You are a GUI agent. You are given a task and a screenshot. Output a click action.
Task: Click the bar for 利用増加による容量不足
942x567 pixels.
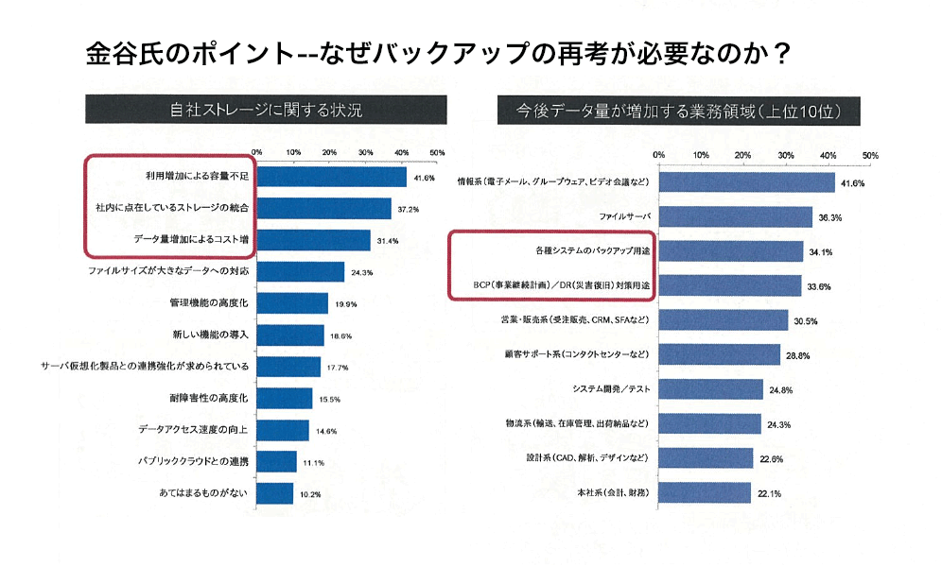point(331,177)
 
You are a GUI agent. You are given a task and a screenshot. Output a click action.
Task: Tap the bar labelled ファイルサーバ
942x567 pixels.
point(736,217)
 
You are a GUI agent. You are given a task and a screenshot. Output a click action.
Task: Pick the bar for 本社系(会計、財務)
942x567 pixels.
point(705,492)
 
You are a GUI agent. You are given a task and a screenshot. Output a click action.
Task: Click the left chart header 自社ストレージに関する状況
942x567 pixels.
point(266,111)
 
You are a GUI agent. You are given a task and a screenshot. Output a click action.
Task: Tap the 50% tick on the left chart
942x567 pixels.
point(437,152)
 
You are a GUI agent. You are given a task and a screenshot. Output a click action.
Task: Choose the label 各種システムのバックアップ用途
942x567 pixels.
point(586,251)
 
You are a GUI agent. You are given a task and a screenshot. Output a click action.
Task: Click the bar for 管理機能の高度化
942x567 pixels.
point(292,303)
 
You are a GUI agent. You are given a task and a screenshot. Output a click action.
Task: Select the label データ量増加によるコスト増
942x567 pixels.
point(190,240)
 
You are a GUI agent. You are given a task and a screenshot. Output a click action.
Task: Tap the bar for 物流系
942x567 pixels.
point(710,423)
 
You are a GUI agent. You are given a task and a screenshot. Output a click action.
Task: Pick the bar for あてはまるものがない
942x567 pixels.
point(275,493)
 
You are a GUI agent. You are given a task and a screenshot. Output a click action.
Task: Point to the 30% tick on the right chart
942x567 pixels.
point(786,155)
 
